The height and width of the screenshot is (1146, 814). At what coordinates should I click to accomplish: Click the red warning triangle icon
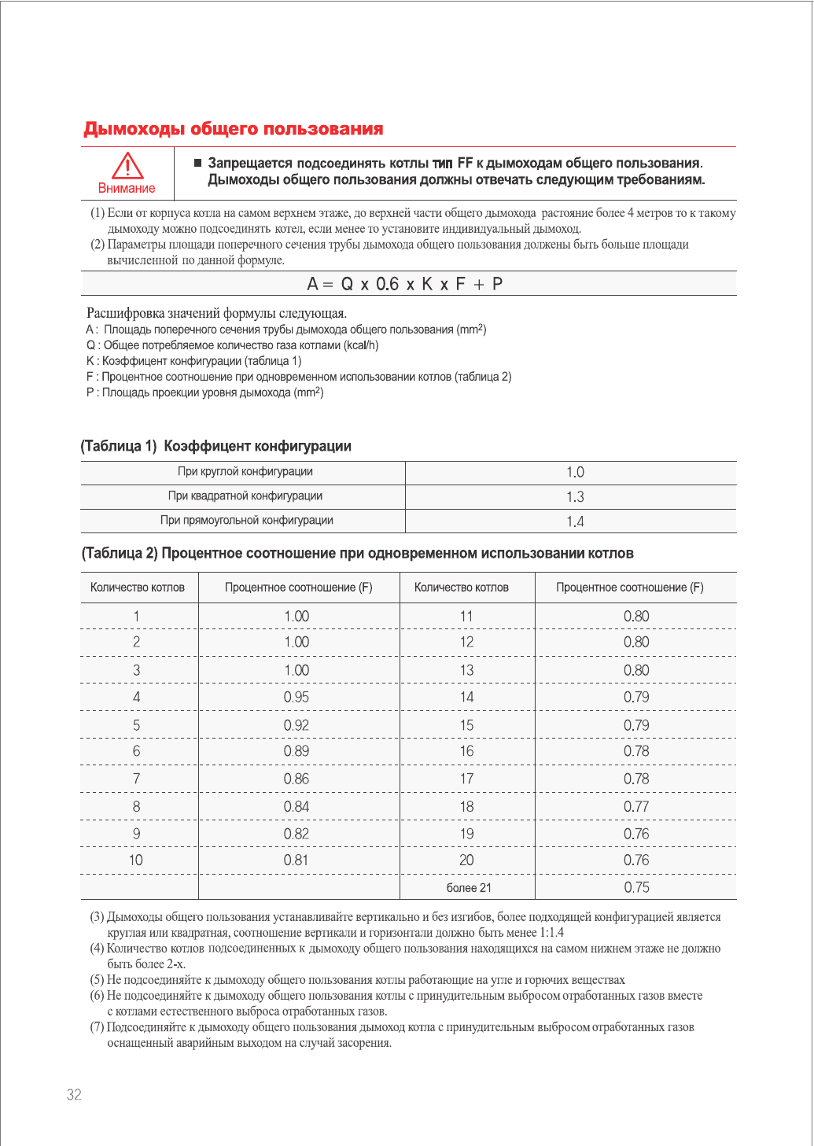127,166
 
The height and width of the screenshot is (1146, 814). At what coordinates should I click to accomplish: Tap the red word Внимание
127,189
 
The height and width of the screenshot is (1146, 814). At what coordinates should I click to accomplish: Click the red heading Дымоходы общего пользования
234,129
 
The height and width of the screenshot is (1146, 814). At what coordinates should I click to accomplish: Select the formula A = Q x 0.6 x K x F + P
405,284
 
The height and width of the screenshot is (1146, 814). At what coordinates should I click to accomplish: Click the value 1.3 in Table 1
575,497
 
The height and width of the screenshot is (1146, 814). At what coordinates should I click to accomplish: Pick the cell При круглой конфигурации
245,472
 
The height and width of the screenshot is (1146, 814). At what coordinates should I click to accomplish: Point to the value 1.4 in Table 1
575,521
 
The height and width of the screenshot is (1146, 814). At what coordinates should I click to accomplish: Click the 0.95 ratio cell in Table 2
297,698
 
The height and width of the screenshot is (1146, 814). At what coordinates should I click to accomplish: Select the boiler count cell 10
136,860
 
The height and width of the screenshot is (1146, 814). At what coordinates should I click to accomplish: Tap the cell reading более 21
469,888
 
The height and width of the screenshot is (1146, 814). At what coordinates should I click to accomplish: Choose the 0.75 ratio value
636,888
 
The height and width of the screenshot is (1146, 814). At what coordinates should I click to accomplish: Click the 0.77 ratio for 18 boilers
636,807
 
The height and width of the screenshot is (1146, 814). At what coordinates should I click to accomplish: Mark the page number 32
74,1095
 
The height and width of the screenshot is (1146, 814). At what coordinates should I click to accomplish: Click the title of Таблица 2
358,554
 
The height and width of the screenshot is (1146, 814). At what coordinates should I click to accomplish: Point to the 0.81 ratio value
297,860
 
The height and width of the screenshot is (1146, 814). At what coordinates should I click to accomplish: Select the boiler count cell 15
467,725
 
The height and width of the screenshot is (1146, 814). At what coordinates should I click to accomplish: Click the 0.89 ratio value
297,751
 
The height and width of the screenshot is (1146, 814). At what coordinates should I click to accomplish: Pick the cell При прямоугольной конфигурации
246,521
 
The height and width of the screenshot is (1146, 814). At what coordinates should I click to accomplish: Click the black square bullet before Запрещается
197,163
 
